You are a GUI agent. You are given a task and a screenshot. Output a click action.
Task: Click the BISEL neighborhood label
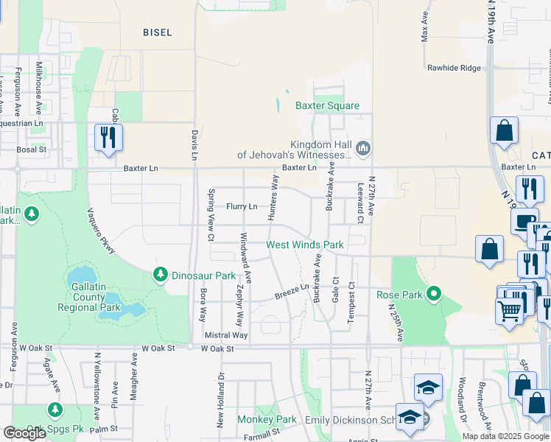158,32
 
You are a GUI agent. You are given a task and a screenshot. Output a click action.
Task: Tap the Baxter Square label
327,106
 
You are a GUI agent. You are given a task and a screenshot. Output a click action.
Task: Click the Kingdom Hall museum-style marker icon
362,150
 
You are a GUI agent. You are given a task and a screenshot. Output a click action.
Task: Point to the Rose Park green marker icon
434,295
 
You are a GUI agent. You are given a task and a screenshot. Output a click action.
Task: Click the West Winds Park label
305,245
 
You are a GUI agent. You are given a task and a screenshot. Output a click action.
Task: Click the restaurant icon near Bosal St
108,137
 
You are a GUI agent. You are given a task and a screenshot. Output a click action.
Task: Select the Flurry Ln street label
242,207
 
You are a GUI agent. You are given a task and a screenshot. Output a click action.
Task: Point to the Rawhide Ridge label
454,69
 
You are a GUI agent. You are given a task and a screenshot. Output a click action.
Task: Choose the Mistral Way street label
225,335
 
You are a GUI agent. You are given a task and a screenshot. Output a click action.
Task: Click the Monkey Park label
267,420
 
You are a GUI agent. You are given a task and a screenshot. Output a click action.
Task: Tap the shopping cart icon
510,312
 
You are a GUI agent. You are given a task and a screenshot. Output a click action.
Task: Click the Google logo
25,433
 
